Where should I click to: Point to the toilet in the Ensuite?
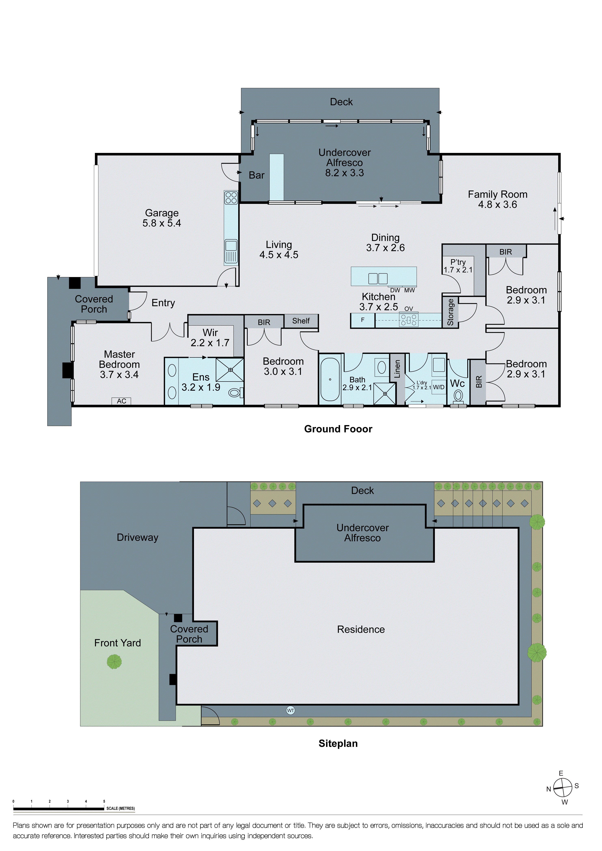click(235, 392)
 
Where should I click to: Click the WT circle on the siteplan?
click(291, 710)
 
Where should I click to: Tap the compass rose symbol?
click(562, 788)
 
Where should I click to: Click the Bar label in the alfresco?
click(256, 175)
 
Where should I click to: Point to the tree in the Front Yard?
click(114, 662)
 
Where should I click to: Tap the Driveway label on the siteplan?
click(138, 537)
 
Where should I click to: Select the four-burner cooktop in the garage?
click(231, 198)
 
